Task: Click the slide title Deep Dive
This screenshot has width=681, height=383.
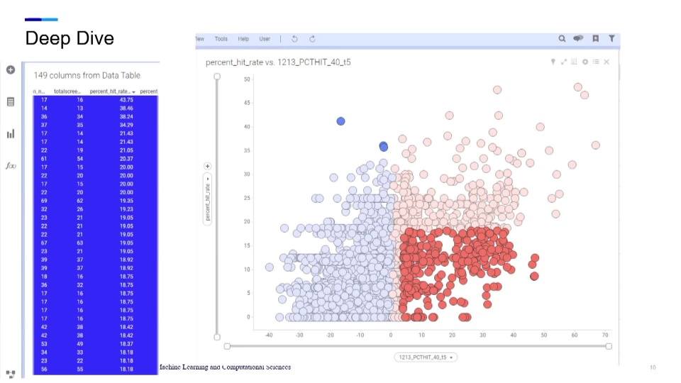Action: click(x=70, y=38)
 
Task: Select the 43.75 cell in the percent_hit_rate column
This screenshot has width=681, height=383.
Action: click(x=126, y=100)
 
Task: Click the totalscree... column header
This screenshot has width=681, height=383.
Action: click(x=69, y=91)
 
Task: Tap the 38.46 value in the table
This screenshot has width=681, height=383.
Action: click(x=126, y=109)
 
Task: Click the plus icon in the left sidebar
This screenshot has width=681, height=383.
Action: click(x=11, y=70)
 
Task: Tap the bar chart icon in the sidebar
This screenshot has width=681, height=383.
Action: click(x=11, y=133)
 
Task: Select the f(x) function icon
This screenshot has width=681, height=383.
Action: click(x=11, y=165)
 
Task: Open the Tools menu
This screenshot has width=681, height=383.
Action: click(x=221, y=39)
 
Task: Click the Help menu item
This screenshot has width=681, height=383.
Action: click(x=243, y=39)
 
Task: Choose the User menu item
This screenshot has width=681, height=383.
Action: click(x=265, y=39)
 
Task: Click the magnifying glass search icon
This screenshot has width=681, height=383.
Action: click(x=562, y=39)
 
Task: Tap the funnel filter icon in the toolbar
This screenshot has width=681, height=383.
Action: click(x=611, y=39)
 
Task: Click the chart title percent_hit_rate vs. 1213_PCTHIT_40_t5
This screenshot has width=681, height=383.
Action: click(x=278, y=62)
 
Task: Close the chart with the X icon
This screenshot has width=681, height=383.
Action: click(x=607, y=62)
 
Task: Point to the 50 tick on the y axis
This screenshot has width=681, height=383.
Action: click(x=247, y=79)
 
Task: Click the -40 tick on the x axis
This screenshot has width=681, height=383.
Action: click(x=269, y=335)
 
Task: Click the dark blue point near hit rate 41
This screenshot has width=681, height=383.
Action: click(x=340, y=121)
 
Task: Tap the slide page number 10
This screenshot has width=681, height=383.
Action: click(x=653, y=367)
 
